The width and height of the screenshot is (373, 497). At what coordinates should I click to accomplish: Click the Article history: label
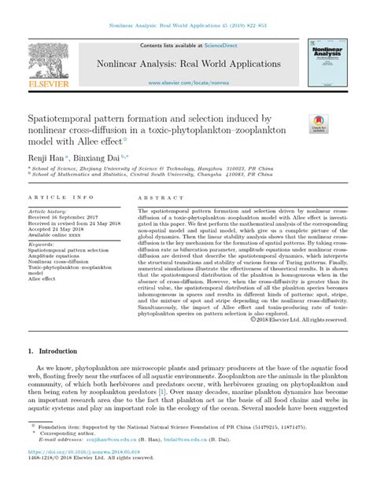[48, 212]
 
